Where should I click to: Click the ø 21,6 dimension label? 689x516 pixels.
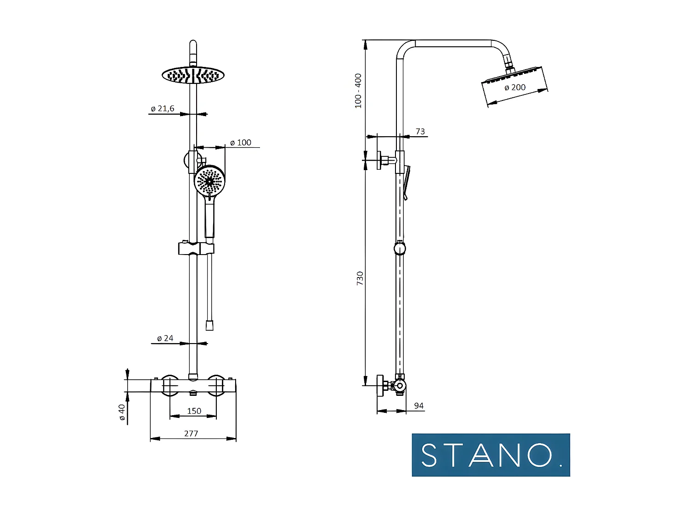163,109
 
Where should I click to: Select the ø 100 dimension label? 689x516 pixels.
241,143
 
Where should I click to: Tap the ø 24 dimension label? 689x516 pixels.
165,338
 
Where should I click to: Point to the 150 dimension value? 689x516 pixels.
194,411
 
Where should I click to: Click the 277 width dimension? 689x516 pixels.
191,433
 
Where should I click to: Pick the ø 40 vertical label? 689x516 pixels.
122,412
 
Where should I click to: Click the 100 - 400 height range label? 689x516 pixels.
358,91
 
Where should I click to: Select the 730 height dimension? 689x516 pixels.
360,278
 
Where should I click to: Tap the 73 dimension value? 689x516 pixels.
420,132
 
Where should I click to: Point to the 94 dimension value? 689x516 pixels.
418,405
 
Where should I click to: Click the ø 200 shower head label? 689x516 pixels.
515,87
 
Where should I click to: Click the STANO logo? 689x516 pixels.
491,455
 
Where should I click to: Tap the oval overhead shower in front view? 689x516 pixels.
193,75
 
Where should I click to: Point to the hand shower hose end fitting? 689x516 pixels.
209,325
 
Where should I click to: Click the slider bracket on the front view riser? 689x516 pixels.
196,248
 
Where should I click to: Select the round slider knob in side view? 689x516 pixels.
400,248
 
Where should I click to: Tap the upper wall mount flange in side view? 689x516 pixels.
380,160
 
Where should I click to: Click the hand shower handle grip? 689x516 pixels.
209,220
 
